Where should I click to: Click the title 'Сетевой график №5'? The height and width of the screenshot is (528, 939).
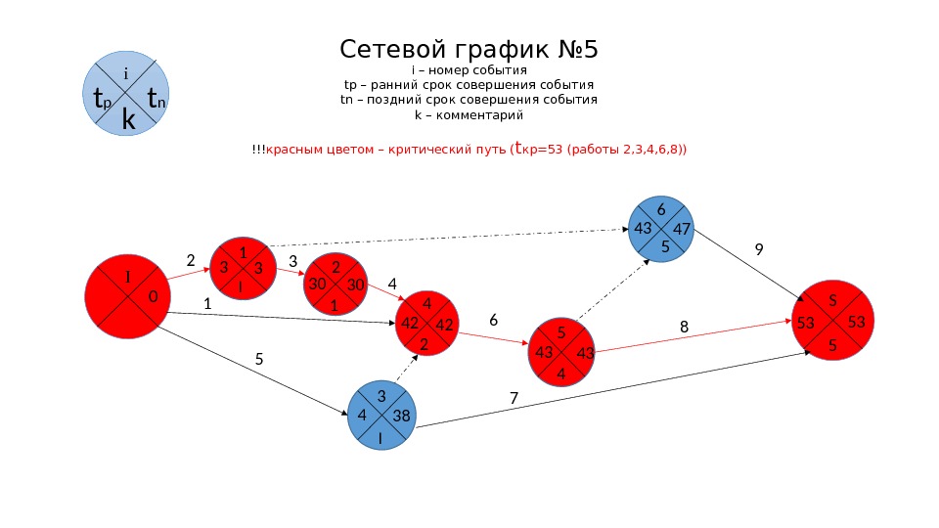tap(475, 49)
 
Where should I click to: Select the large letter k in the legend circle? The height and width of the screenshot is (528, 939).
tap(128, 119)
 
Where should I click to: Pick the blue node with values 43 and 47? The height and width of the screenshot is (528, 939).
tap(662, 229)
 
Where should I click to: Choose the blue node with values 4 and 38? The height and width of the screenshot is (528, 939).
tap(381, 416)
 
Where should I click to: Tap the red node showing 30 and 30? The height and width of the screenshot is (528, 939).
tap(335, 284)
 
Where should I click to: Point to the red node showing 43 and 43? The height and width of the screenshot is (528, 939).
tap(561, 352)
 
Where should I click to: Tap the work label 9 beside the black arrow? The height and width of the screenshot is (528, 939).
tap(758, 250)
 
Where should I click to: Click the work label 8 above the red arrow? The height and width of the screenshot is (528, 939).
tap(685, 328)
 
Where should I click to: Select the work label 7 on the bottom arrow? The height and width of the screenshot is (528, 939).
tap(513, 398)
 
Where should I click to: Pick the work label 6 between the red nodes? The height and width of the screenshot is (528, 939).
tap(493, 320)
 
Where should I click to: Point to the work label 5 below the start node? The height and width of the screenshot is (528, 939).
tap(259, 359)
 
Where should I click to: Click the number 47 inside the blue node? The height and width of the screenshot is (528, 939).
tap(682, 229)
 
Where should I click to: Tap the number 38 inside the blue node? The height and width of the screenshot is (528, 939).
tap(400, 416)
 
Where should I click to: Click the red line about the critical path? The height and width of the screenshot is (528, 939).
tap(469, 150)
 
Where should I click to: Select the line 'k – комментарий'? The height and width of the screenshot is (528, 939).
tap(469, 115)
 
